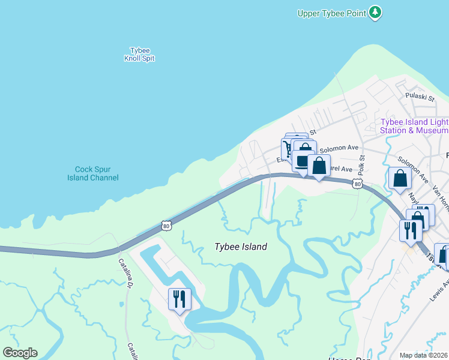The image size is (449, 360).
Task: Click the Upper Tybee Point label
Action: click(x=332, y=13)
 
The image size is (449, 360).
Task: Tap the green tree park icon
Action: click(x=375, y=12)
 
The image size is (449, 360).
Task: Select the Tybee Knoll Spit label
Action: click(x=139, y=55)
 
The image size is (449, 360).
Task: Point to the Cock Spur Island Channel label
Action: click(x=97, y=173)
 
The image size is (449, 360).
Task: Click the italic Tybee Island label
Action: click(x=241, y=247)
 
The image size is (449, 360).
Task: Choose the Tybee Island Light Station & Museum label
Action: click(x=414, y=126)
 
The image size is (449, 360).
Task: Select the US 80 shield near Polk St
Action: click(x=357, y=184)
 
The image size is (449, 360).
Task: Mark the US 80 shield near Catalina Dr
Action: click(x=166, y=225)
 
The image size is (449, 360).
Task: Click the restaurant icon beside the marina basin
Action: click(x=179, y=298)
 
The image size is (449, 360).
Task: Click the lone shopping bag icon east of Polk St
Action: click(x=400, y=178)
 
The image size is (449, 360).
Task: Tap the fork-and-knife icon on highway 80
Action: click(x=411, y=230)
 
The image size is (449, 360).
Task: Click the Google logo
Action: click(x=20, y=353)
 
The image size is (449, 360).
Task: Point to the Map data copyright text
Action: click(x=424, y=355)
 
